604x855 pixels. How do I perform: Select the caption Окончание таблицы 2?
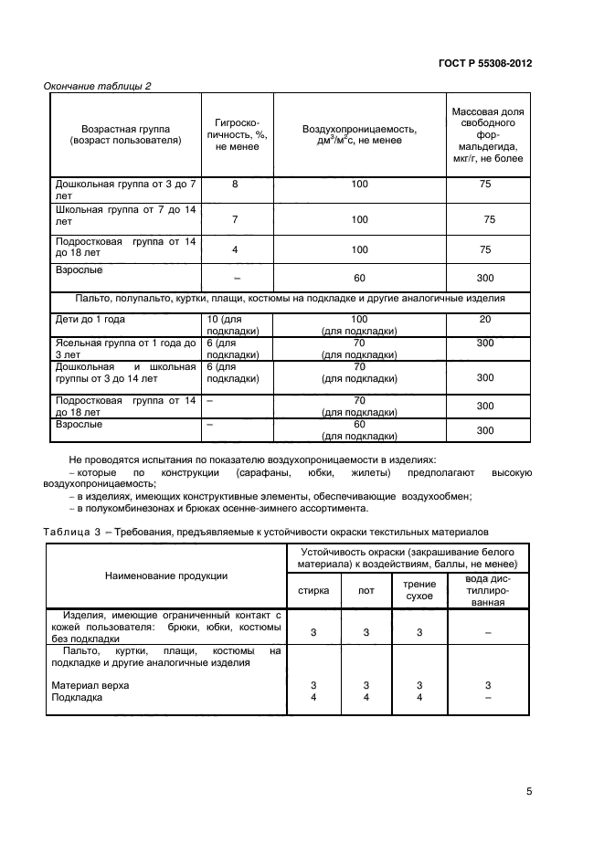pyautogui.click(x=98, y=87)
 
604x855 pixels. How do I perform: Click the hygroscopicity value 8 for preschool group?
pyautogui.click(x=235, y=185)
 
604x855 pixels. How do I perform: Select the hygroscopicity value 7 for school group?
pyautogui.click(x=235, y=219)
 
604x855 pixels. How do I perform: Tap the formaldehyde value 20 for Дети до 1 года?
pyautogui.click(x=485, y=320)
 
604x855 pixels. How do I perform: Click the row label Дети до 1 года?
pyautogui.click(x=90, y=320)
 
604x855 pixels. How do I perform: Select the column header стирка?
pyautogui.click(x=313, y=590)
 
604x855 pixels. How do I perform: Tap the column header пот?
pyautogui.click(x=366, y=590)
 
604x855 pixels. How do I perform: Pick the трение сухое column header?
pyautogui.click(x=419, y=590)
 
